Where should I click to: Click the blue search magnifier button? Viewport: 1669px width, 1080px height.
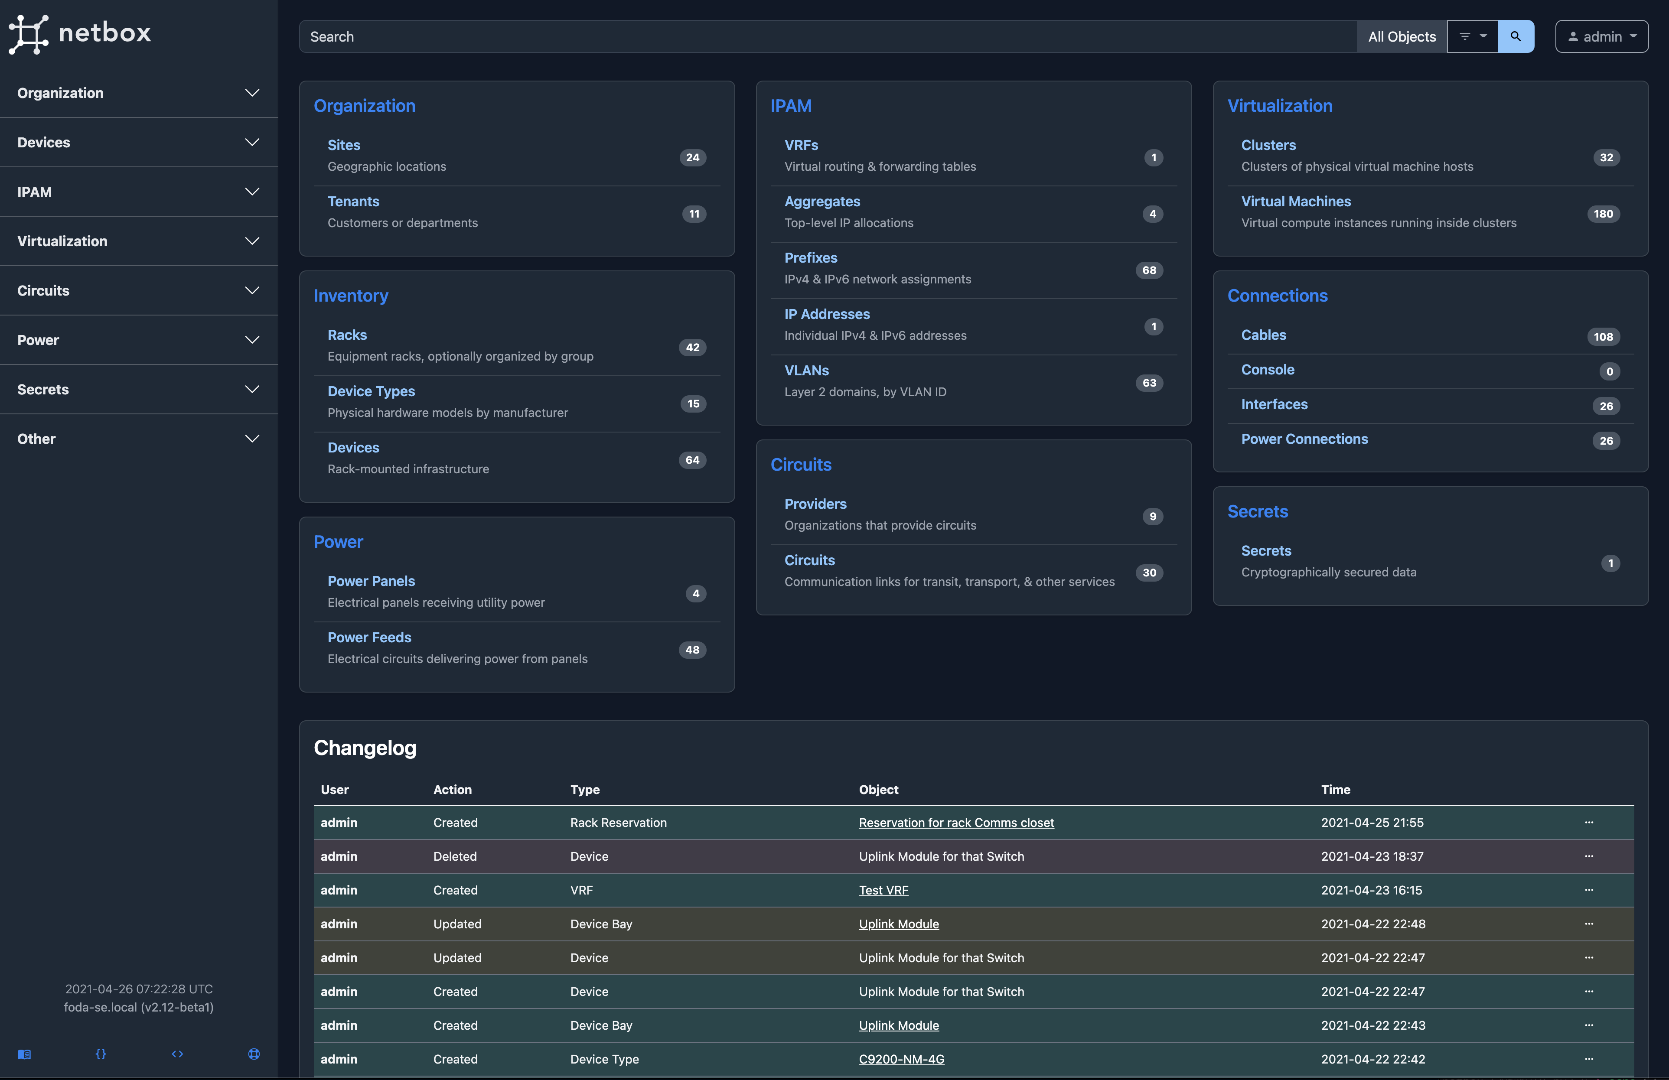(1516, 36)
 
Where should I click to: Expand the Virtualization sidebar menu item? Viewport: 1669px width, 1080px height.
(139, 241)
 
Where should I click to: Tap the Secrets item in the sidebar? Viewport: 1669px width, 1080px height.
(139, 389)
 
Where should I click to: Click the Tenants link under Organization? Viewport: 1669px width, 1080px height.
(353, 201)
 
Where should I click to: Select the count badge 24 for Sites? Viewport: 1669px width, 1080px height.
(692, 158)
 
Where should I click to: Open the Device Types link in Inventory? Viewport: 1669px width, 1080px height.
(371, 391)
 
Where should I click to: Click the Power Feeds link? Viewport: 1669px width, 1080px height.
(369, 637)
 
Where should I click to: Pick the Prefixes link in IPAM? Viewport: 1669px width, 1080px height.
(811, 258)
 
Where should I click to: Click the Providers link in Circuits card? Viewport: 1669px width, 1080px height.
(815, 504)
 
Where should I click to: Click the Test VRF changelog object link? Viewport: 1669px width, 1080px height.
(883, 890)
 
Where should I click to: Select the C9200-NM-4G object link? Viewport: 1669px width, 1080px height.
(901, 1059)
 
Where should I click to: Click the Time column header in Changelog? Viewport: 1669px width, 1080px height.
(1335, 789)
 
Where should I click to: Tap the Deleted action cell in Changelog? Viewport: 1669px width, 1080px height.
(454, 856)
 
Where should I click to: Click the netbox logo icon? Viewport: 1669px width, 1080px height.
(28, 34)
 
